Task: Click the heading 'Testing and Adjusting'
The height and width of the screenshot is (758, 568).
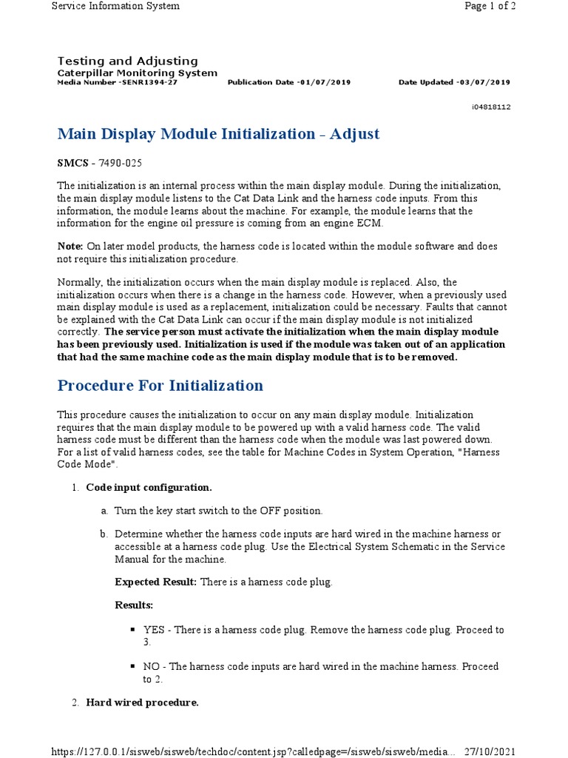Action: (127, 61)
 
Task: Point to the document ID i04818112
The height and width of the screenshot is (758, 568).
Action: (491, 107)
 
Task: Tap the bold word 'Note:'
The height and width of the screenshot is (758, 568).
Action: (70, 246)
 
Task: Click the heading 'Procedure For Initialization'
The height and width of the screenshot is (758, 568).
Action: (160, 386)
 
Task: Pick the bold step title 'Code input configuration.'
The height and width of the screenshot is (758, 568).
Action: (149, 487)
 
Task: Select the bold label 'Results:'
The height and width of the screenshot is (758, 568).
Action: (134, 606)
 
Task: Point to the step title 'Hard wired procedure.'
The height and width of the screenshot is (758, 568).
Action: (142, 702)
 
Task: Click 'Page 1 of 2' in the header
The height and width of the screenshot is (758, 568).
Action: (489, 6)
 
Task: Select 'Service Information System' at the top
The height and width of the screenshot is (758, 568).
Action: (115, 6)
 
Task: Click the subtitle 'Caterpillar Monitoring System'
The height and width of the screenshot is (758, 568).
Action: (137, 73)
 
